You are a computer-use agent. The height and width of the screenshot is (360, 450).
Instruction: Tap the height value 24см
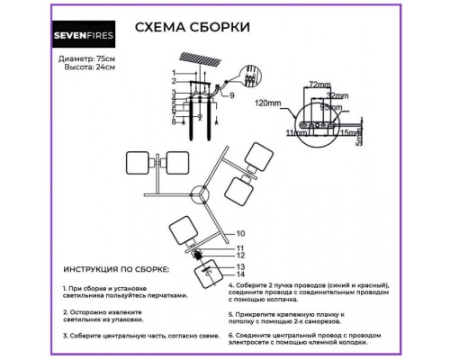pos(106,67)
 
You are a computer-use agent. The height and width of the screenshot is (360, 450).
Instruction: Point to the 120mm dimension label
pos(269,103)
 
